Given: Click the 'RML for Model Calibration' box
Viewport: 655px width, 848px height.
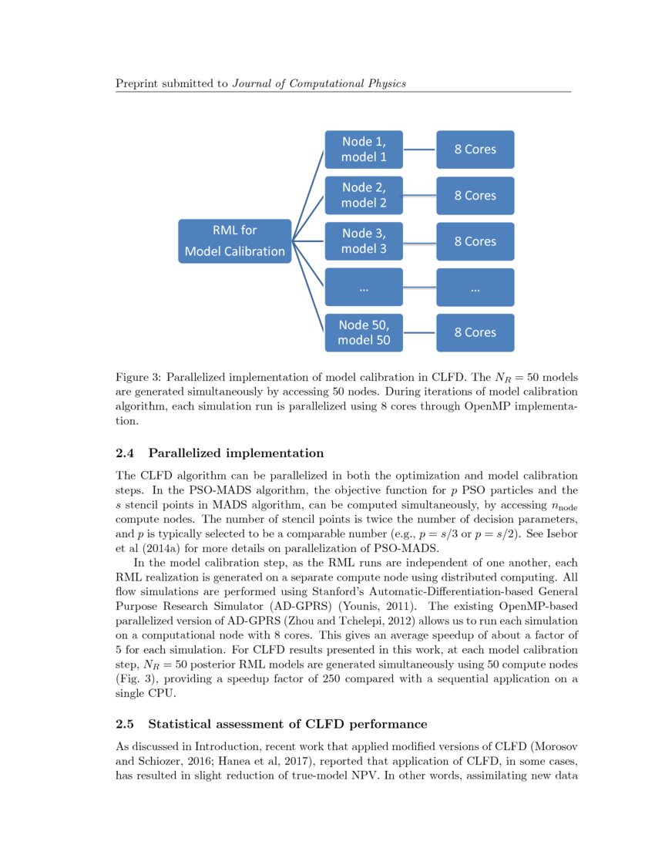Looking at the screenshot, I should [235, 241].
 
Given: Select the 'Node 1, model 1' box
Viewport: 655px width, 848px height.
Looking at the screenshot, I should [364, 150].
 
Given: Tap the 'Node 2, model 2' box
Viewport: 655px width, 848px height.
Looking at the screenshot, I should [364, 195].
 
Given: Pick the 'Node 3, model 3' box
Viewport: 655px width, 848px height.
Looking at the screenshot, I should [364, 241].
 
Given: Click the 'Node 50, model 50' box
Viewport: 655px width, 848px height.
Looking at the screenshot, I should [364, 332].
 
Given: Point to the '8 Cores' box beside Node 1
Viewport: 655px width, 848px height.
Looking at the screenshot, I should [475, 150].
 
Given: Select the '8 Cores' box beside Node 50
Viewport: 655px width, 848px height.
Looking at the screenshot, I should [475, 332].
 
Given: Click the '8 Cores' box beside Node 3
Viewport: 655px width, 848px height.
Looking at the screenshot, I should [475, 241].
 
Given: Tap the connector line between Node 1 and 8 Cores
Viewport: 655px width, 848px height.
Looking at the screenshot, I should [420, 150].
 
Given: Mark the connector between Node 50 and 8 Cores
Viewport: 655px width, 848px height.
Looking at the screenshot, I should [420, 333].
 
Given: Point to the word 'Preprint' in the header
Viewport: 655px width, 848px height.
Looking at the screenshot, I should [136, 83].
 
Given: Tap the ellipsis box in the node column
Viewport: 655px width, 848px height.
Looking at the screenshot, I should [364, 288].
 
